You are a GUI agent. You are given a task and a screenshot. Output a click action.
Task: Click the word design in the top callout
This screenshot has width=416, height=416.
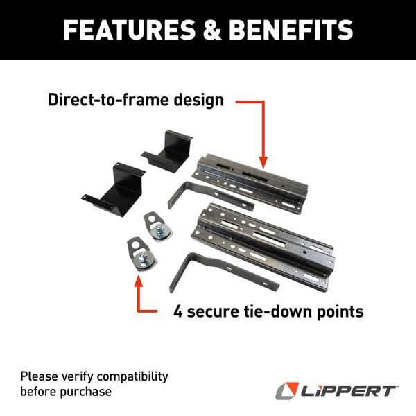(198, 100)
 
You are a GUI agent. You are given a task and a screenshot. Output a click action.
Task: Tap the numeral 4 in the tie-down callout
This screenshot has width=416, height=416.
(178, 311)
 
